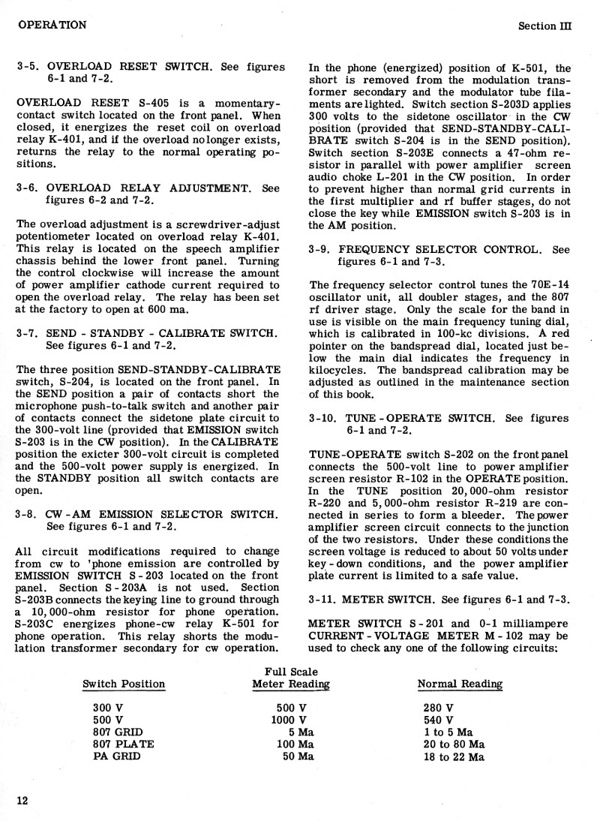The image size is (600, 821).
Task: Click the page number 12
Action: (22, 801)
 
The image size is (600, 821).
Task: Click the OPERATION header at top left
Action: (51, 25)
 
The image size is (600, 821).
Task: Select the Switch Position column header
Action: (124, 684)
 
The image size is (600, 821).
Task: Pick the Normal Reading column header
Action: (460, 684)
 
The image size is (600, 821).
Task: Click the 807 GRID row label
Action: (118, 732)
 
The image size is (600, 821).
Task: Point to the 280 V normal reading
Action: (439, 708)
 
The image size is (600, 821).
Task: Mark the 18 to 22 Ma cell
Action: (454, 756)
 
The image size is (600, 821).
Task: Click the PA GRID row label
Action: (116, 756)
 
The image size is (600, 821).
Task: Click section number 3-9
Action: (321, 249)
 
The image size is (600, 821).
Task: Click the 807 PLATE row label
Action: (124, 744)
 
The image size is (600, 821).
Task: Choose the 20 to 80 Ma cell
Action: (454, 744)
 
